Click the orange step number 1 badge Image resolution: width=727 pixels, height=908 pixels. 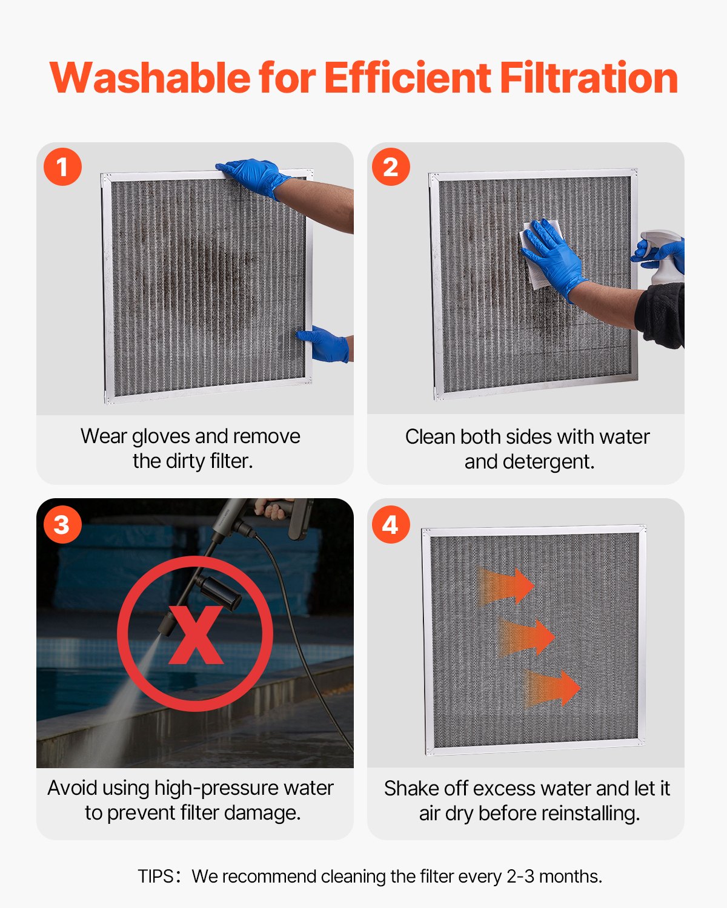[62, 166]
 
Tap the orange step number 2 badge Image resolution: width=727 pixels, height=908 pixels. [391, 166]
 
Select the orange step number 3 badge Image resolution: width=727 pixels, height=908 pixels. [62, 524]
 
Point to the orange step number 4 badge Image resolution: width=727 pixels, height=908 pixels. [391, 524]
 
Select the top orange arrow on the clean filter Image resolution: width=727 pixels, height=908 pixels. [508, 586]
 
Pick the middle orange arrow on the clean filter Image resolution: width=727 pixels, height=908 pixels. [527, 637]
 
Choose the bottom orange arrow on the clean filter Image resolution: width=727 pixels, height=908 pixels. [553, 688]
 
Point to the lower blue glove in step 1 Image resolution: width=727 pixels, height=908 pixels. [325, 345]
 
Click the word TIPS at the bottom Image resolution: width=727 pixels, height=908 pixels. [156, 877]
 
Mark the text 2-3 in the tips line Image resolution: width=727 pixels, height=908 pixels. [520, 877]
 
